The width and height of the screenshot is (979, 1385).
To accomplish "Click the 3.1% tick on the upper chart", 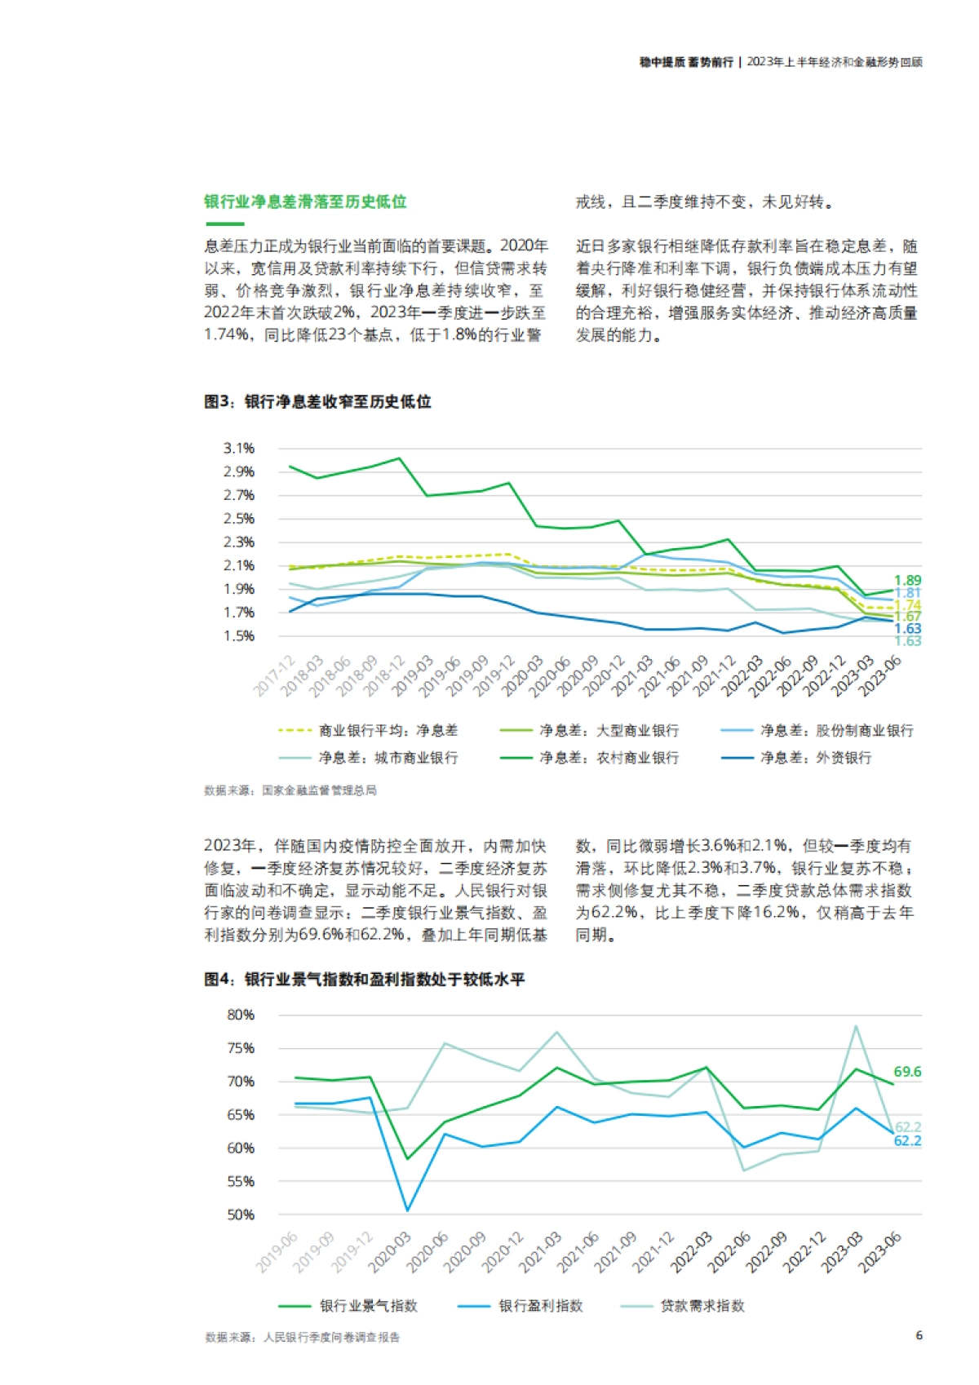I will (x=239, y=448).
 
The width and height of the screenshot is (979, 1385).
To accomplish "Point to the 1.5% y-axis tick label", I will (x=239, y=635).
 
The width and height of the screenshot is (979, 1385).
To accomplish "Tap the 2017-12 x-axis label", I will (x=274, y=676).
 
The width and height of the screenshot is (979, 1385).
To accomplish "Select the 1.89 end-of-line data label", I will (x=907, y=581).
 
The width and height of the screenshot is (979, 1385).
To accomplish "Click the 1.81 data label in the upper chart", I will (x=907, y=593).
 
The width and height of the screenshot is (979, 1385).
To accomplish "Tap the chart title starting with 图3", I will (x=317, y=401).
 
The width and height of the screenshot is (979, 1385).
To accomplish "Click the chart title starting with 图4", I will (x=364, y=979).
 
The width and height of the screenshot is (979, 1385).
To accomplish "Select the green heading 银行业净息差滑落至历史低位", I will (x=305, y=201).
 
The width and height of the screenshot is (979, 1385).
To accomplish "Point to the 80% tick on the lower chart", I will (x=241, y=1015).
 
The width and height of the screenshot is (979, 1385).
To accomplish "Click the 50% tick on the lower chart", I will (x=241, y=1215).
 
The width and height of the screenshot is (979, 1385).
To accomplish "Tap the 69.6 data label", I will (x=907, y=1072).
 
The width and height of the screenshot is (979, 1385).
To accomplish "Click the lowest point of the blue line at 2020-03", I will (x=407, y=1210).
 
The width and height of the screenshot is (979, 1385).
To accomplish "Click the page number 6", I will (x=919, y=1335).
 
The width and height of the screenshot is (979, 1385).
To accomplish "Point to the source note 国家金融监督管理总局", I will (x=319, y=790).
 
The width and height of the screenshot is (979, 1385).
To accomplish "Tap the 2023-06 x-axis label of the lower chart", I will (x=881, y=1252).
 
